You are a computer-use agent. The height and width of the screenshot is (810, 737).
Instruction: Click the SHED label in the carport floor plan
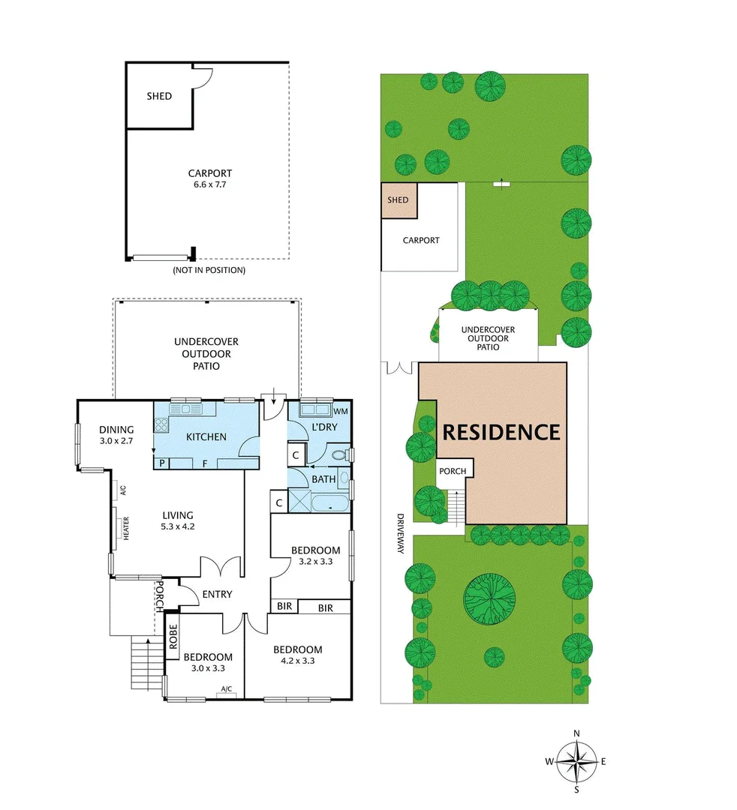coord(158,96)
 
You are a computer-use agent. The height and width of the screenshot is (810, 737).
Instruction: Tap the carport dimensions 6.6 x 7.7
coord(209,184)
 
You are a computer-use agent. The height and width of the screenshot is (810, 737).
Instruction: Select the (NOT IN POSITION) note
coord(209,270)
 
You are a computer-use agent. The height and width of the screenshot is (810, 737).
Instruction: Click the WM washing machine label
coord(340,412)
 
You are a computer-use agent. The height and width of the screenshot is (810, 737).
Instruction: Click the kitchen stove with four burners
coord(161,424)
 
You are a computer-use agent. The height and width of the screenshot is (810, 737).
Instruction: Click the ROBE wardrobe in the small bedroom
coord(173,637)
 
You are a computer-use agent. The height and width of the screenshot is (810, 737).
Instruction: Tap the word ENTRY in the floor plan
coord(217,595)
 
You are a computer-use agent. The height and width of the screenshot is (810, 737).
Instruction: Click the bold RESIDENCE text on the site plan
coord(501,432)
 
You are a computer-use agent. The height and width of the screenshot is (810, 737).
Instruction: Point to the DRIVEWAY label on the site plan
coord(400,533)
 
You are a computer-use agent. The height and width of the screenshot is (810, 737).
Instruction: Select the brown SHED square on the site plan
coord(398,200)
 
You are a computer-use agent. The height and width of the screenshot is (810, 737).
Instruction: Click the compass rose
coord(576,761)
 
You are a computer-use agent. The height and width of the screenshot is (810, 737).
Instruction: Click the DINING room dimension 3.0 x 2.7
coord(116,441)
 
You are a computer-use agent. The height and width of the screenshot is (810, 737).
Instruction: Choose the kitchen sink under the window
coord(184,409)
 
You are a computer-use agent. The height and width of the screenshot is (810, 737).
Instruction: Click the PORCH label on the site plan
coord(453,471)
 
